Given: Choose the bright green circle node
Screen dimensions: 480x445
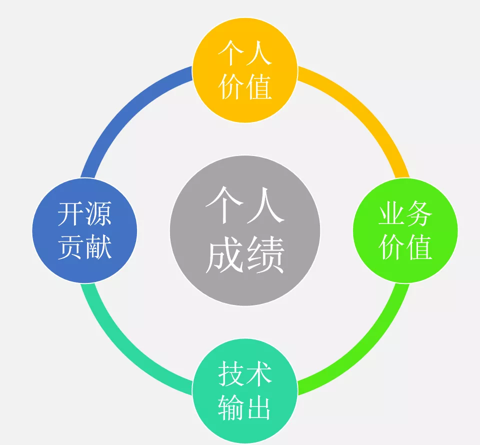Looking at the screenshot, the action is click(405, 230).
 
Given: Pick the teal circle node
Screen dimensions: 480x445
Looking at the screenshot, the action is click(245, 390).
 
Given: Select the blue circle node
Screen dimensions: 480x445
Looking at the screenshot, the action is click(84, 230).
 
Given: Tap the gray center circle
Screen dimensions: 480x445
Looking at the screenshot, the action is click(245, 230).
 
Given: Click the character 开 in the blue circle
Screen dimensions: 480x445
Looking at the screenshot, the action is click(70, 214).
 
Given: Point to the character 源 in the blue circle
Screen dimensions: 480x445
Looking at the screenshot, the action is click(98, 214).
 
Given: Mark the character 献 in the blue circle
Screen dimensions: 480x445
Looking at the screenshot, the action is click(98, 246).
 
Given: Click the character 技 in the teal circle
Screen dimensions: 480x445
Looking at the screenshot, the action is click(231, 374).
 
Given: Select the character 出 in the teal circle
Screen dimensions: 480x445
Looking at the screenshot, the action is click(258, 407).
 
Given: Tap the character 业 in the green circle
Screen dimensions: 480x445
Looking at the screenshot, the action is click(391, 214).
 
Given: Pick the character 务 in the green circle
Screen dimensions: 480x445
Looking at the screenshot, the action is click(419, 214).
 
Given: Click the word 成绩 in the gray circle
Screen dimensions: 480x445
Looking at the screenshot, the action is click(245, 255).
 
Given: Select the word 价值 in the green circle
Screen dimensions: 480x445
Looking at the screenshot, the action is click(405, 246).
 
